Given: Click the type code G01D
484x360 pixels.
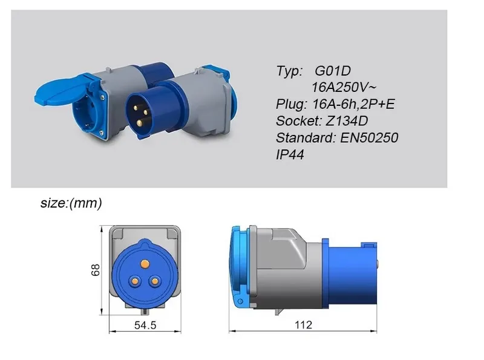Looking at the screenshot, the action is pyautogui.click(x=333, y=71).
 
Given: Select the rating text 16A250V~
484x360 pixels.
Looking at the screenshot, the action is pyautogui.click(x=344, y=87).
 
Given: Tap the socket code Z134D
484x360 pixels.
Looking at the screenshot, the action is pyautogui.click(x=347, y=121).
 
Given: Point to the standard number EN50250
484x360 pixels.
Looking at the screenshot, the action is pyautogui.click(x=369, y=138).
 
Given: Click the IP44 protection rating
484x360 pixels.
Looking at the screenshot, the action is pyautogui.click(x=290, y=155).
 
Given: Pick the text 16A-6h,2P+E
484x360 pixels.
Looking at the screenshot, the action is pyautogui.click(x=354, y=104).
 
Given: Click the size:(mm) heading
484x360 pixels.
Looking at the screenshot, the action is pyautogui.click(x=71, y=203).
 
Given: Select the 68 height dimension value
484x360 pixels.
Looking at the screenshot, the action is pyautogui.click(x=96, y=270).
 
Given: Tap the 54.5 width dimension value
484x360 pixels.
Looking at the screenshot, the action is pyautogui.click(x=145, y=325).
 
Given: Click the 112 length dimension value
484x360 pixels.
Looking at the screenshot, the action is pyautogui.click(x=304, y=324).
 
